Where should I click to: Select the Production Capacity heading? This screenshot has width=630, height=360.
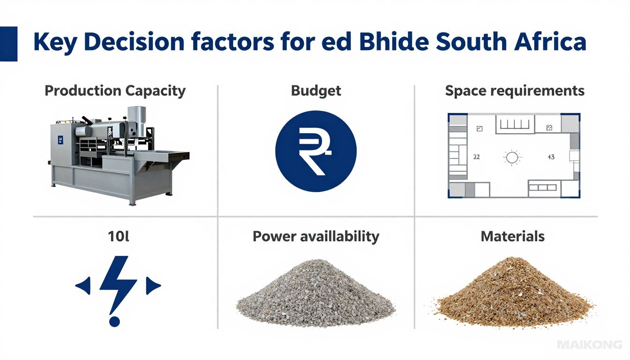tap(115, 90)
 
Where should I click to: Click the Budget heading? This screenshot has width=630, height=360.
tap(316, 90)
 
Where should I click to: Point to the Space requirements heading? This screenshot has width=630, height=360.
tap(515, 90)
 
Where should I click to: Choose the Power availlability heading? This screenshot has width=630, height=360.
tap(315, 236)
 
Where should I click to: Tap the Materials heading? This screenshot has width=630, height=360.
tap(513, 236)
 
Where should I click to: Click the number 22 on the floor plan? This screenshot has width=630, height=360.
tap(476, 157)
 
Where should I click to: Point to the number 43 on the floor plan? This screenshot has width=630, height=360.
tap(551, 157)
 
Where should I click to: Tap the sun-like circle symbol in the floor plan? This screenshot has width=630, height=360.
tap(512, 157)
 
